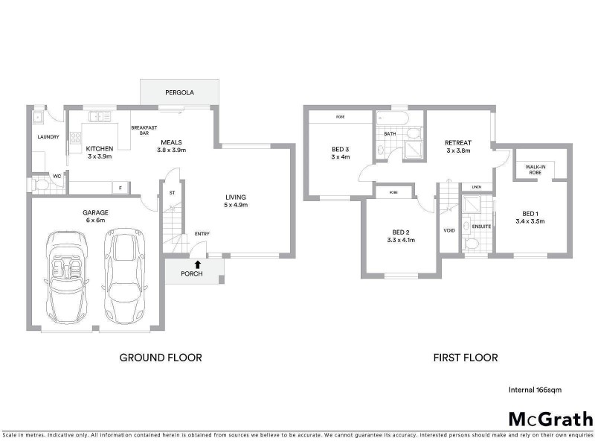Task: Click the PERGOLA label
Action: pyautogui.click(x=180, y=93)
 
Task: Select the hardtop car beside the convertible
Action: pyautogui.click(x=123, y=276)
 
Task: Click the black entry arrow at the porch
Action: pyautogui.click(x=197, y=264)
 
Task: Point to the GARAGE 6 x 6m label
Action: pyautogui.click(x=95, y=217)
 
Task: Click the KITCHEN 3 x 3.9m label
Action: pyautogui.click(x=99, y=153)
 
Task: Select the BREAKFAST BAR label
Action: pyautogui.click(x=141, y=130)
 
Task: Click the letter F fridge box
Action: pyautogui.click(x=118, y=188)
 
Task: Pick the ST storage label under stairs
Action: pyautogui.click(x=171, y=192)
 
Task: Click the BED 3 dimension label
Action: pyautogui.click(x=341, y=153)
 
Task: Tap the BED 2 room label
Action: pyautogui.click(x=400, y=235)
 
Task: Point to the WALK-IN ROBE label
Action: pyautogui.click(x=534, y=170)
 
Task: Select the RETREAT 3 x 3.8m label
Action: pyautogui.click(x=459, y=147)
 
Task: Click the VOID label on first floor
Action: pyautogui.click(x=449, y=230)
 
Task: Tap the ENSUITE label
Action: pyautogui.click(x=472, y=224)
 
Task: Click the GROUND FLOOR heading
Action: pyautogui.click(x=161, y=358)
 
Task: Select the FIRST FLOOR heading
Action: pyautogui.click(x=466, y=358)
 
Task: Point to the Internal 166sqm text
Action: pyautogui.click(x=534, y=390)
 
